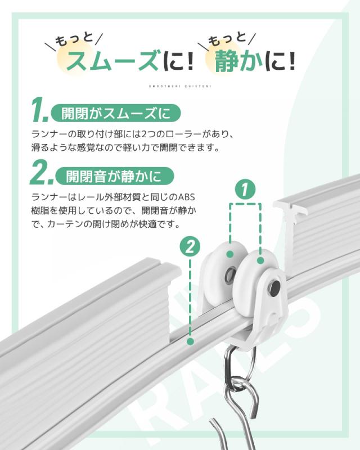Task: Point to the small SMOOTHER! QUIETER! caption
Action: pyautogui.click(x=180, y=87)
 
